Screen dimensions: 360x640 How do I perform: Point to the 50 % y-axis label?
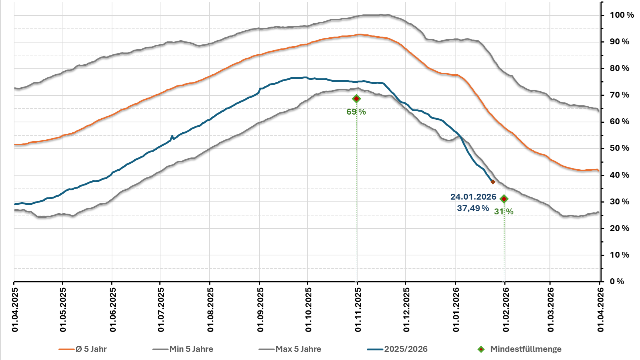(619, 148)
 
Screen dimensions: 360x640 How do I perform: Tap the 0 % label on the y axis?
(617, 282)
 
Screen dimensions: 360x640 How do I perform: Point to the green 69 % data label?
(356, 112)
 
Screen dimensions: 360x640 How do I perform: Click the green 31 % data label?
(504, 212)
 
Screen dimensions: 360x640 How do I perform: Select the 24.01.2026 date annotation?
(473, 197)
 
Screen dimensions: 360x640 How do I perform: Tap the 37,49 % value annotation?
(473, 208)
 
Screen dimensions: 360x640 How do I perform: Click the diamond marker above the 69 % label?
(356, 99)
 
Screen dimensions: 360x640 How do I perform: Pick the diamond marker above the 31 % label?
(504, 199)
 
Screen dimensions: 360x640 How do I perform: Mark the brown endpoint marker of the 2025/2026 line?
(492, 182)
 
